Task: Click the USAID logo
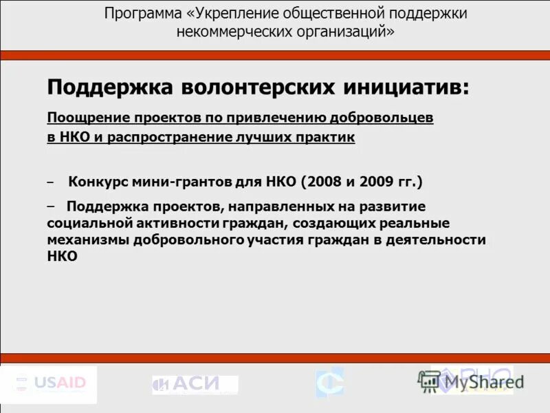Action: [49, 383]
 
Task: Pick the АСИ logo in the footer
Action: [195, 385]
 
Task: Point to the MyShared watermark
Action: [470, 381]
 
